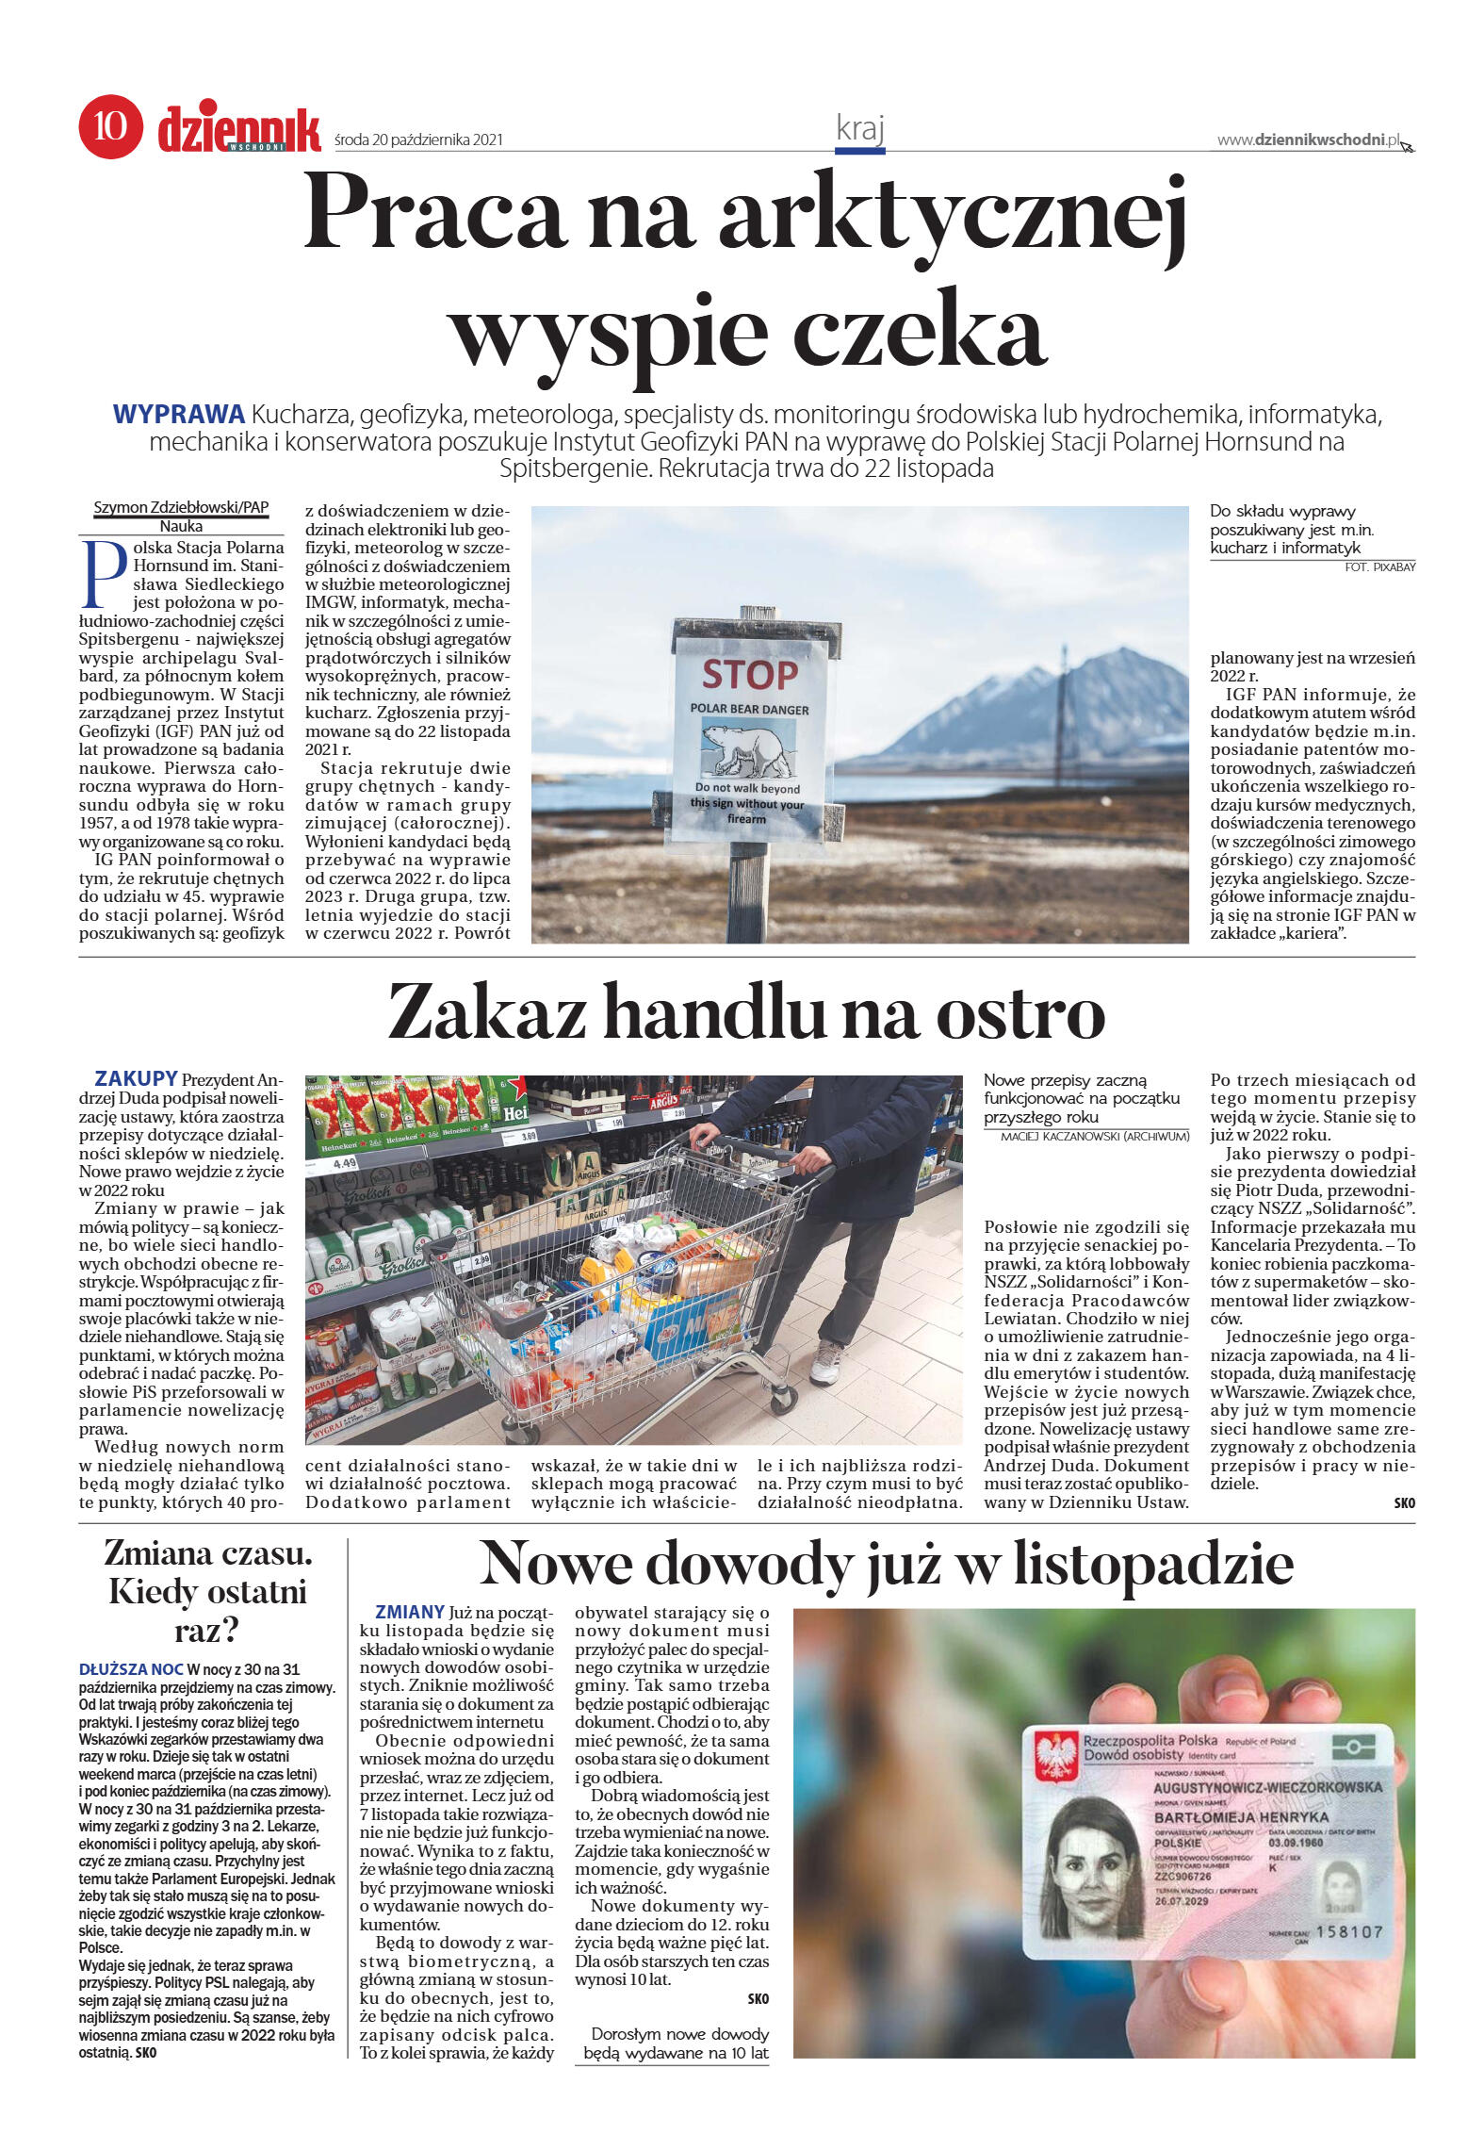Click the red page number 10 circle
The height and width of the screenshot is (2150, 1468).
tap(110, 125)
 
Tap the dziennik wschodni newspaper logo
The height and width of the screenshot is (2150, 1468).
tap(239, 128)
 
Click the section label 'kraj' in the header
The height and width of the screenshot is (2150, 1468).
tap(859, 128)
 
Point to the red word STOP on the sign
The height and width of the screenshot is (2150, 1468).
tap(749, 675)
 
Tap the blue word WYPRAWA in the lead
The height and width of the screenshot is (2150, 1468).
tap(179, 415)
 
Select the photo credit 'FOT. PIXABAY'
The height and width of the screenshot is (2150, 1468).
tap(1379, 566)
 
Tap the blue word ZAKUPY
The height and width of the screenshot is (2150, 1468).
tap(136, 1078)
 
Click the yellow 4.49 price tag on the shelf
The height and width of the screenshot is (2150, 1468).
tap(345, 1163)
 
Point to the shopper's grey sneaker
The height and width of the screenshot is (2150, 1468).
tap(825, 1363)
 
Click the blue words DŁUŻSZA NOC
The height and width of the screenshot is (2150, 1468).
tap(131, 1669)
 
